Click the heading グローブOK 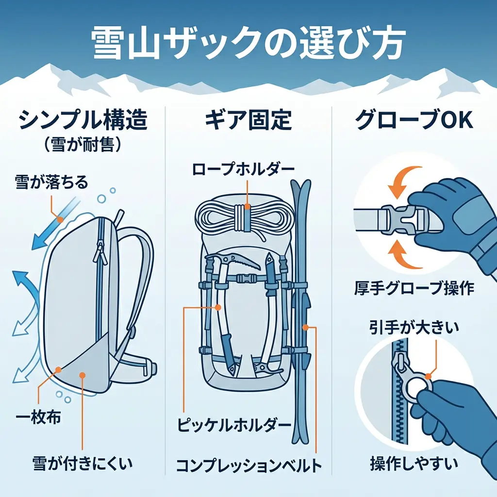coord(414,120)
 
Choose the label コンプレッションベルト coord(248,465)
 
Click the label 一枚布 coord(40,417)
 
